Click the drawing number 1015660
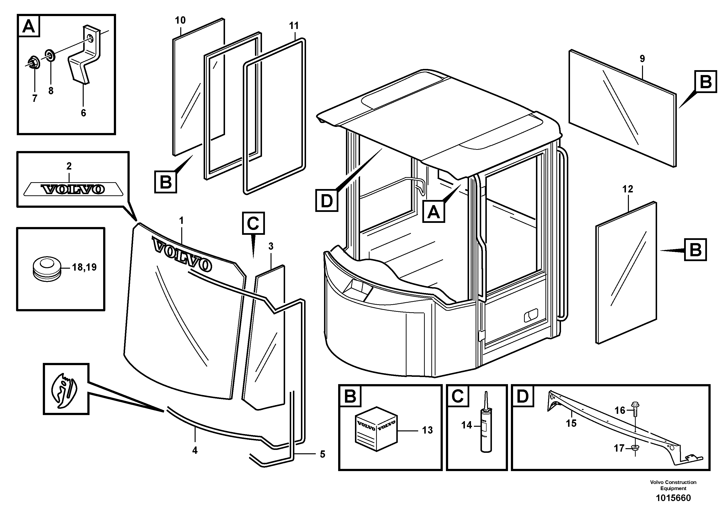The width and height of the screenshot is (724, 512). point(673,498)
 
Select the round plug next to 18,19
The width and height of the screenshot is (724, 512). point(47,268)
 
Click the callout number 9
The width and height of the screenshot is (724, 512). point(642,59)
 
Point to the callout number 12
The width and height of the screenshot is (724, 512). point(627,189)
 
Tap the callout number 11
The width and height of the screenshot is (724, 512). point(294,26)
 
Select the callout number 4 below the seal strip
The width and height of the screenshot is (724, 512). point(195,450)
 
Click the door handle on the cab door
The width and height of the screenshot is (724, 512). point(531,316)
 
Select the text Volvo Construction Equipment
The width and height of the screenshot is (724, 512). point(673,485)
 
